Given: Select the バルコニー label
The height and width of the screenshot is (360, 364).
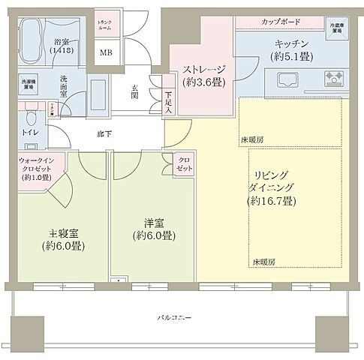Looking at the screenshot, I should click(x=174, y=317).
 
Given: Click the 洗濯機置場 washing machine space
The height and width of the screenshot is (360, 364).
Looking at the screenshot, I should click(x=29, y=82).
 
